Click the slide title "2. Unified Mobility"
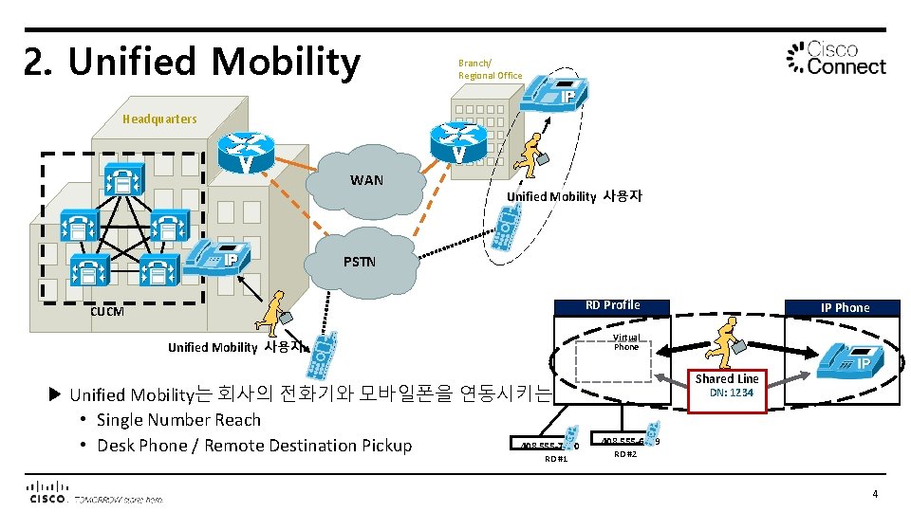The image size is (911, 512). pos(193,62)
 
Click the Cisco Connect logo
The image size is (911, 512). pos(837,58)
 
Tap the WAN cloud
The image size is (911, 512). pos(366,181)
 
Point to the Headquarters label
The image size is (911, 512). pos(159,119)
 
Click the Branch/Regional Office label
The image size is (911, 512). pos(490,69)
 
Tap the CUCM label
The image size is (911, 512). pos(106,311)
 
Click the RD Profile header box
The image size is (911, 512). pos(612,305)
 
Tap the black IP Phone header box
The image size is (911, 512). pos(845,307)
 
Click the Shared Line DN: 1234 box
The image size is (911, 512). pos(728,385)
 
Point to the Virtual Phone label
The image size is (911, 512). pos(625,342)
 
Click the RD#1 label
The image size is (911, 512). pos(556,460)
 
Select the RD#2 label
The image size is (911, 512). pos(624,454)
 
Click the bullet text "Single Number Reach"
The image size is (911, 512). pos(178,420)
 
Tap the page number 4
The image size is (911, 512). pos(874,493)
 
